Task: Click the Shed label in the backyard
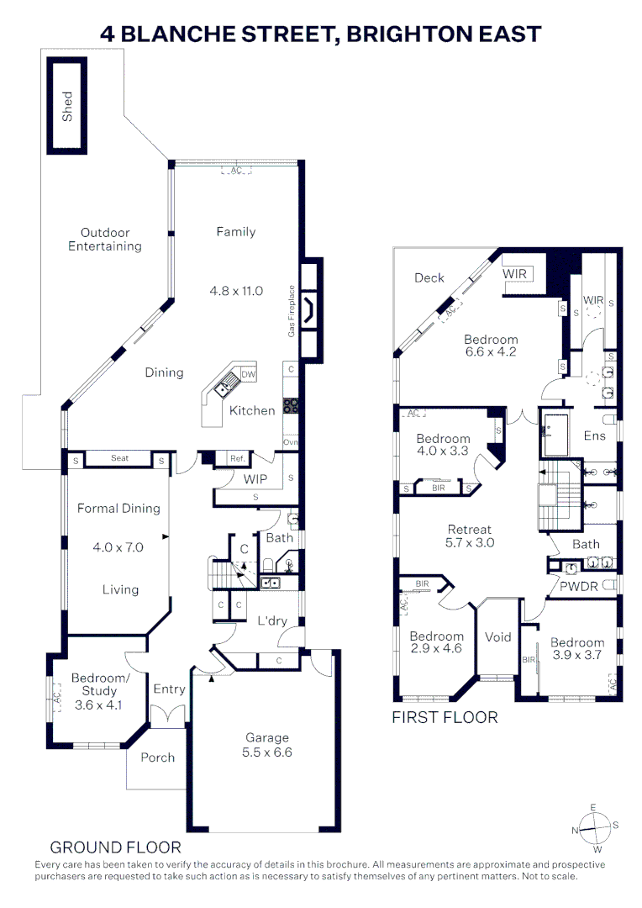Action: (x=67, y=106)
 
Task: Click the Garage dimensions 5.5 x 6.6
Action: (x=267, y=752)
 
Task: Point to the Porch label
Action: (x=158, y=758)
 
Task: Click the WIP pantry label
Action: (x=255, y=479)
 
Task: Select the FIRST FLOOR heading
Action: (x=445, y=717)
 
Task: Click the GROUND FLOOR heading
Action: (x=115, y=847)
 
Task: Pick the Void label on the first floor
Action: (x=498, y=636)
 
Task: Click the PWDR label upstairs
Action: (x=579, y=585)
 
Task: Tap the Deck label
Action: (x=429, y=277)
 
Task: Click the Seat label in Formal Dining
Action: (x=119, y=458)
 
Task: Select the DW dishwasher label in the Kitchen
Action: (x=248, y=374)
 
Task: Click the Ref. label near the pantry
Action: (x=237, y=459)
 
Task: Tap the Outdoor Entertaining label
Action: (x=105, y=240)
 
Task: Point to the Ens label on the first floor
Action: (x=595, y=436)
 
